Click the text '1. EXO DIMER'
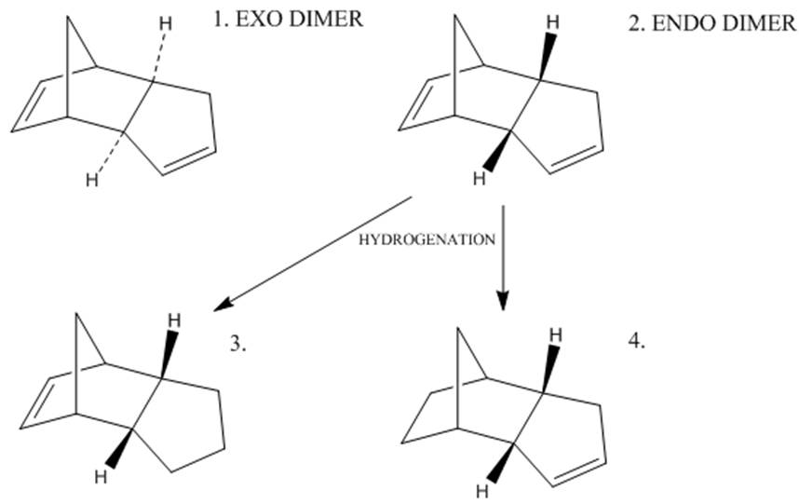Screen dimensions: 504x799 click(x=286, y=19)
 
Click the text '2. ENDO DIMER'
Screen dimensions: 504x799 click(x=711, y=23)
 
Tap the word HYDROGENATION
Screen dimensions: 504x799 click(x=427, y=239)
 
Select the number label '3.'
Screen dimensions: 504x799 click(x=238, y=344)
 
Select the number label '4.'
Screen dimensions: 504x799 click(x=637, y=342)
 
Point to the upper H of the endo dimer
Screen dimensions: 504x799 click(x=554, y=21)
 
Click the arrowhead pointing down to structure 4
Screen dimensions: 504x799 click(x=503, y=300)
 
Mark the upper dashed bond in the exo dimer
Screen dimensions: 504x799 click(x=158, y=57)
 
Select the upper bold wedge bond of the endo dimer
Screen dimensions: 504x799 click(x=548, y=59)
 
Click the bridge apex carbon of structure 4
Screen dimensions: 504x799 click(x=457, y=328)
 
